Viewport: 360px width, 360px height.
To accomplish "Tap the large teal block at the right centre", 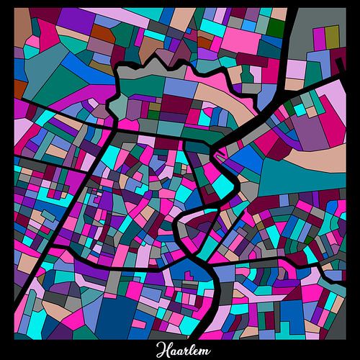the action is click(288, 176).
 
